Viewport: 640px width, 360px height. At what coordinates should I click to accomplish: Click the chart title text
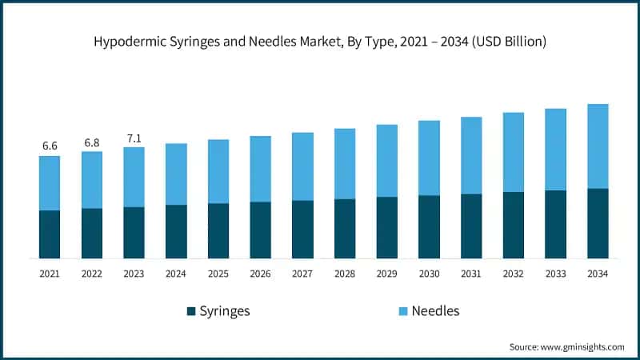[320, 42]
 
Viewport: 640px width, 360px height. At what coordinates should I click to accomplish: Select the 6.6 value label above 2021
[50, 146]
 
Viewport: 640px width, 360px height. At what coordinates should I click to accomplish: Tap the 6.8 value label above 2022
[92, 142]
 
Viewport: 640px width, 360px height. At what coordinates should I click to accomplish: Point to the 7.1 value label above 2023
[134, 138]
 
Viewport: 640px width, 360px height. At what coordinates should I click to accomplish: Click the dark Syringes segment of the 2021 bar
[50, 234]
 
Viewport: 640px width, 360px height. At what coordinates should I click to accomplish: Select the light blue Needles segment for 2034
[598, 146]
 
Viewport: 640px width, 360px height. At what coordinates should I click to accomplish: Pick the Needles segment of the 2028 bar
[345, 163]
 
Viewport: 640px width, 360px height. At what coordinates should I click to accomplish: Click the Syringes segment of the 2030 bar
[429, 226]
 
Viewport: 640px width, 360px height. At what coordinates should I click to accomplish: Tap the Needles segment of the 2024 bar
[176, 174]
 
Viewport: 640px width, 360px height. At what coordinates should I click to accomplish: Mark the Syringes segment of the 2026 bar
[260, 230]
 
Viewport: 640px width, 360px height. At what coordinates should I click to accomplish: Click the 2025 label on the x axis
[218, 274]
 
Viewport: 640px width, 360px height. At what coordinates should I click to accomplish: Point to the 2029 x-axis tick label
[386, 274]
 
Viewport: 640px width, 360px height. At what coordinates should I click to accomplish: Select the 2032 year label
[513, 274]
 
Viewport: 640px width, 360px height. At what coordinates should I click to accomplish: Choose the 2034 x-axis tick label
[598, 274]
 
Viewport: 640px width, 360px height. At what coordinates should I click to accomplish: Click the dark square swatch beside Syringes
[190, 311]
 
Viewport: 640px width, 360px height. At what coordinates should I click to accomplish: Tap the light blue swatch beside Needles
[402, 311]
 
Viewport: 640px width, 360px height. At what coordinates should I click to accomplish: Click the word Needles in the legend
[435, 311]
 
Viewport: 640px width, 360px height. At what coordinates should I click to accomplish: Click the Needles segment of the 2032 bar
[513, 152]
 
